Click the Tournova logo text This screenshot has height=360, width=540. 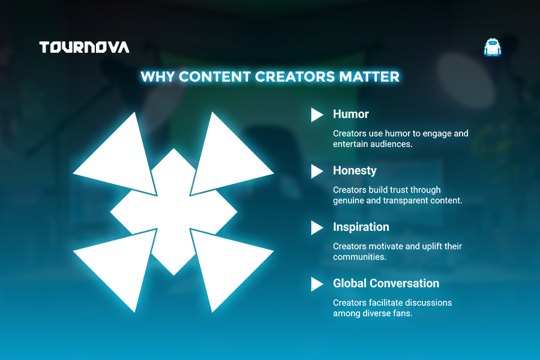click(x=85, y=47)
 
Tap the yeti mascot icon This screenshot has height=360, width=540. click(x=493, y=47)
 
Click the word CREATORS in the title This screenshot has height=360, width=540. click(x=295, y=76)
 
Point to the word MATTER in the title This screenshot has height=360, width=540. click(x=369, y=76)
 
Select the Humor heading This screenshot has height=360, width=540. click(x=350, y=114)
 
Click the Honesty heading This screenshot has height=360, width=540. click(x=355, y=171)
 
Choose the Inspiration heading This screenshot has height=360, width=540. click(x=361, y=227)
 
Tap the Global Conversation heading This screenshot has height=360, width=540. click(x=386, y=283)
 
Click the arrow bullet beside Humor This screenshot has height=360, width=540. click(x=317, y=115)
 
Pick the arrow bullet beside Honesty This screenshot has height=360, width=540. click(x=317, y=171)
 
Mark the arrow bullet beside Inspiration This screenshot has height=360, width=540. click(x=317, y=228)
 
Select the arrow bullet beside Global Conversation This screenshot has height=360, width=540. click(x=317, y=284)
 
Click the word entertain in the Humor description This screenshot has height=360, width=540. click(x=347, y=144)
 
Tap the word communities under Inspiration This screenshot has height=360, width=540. click(x=359, y=257)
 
